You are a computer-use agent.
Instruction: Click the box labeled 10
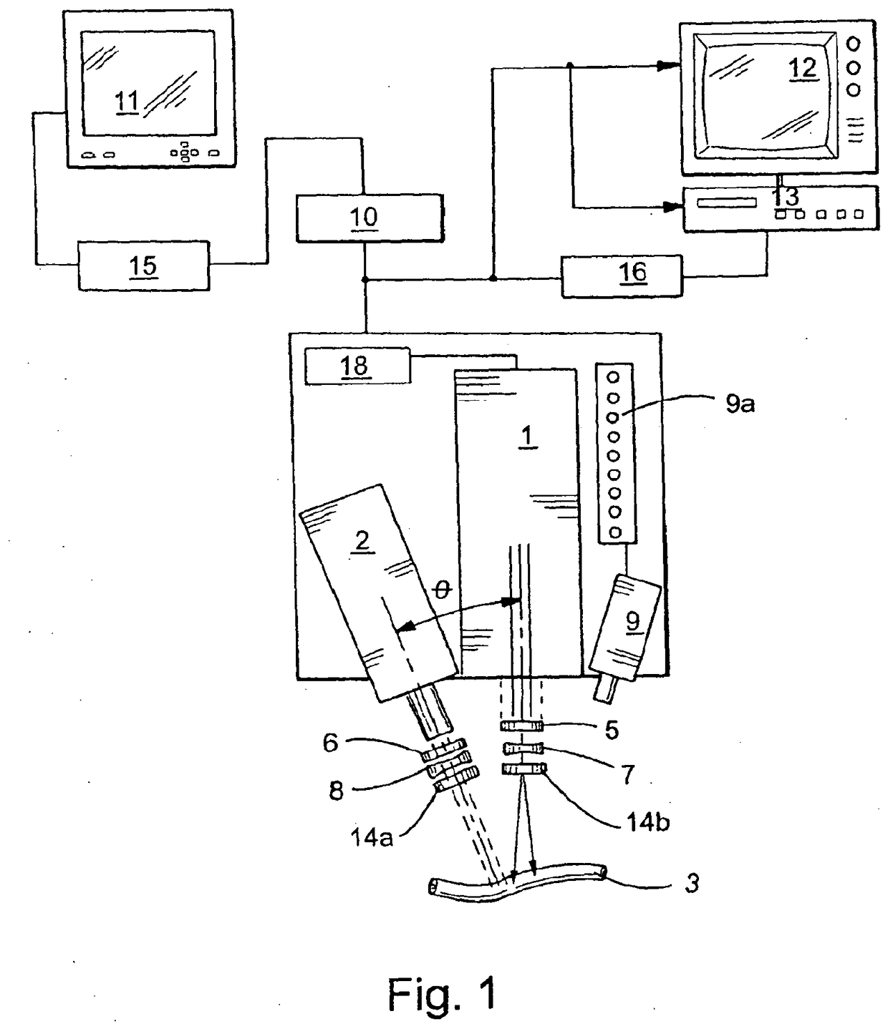tap(370, 218)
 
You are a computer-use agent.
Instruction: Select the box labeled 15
tap(143, 265)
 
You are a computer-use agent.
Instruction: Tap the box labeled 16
tap(622, 276)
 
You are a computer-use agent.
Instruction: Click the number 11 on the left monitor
tap(127, 102)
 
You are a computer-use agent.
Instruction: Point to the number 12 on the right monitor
tap(803, 68)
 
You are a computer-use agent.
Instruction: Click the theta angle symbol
tap(442, 590)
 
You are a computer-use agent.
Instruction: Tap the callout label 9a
tap(740, 404)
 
